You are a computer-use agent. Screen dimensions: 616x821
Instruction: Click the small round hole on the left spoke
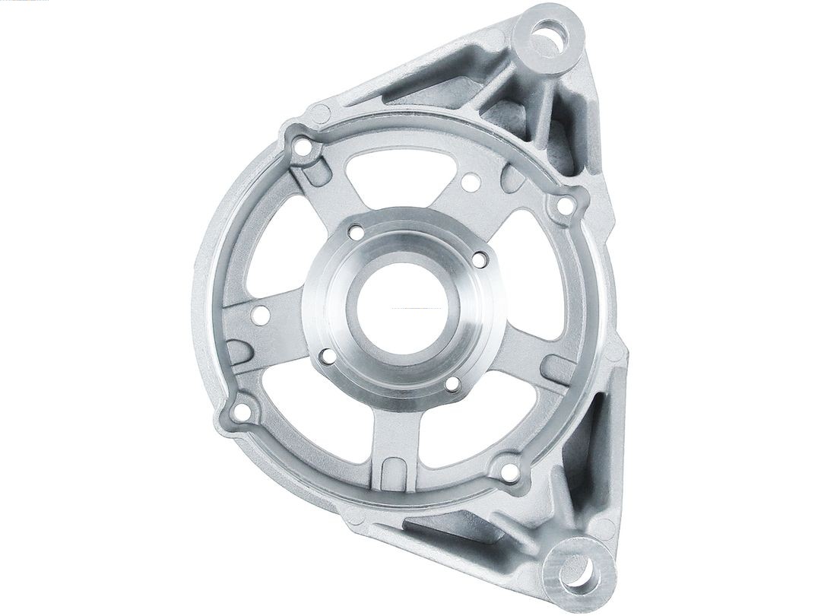(x=262, y=315)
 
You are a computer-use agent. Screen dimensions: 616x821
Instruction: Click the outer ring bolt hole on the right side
(x=564, y=205)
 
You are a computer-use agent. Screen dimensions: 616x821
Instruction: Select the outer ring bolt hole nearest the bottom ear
(x=511, y=472)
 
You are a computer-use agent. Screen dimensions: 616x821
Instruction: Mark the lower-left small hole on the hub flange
(x=327, y=354)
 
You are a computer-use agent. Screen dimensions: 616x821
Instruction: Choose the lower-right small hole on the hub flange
(x=452, y=386)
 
